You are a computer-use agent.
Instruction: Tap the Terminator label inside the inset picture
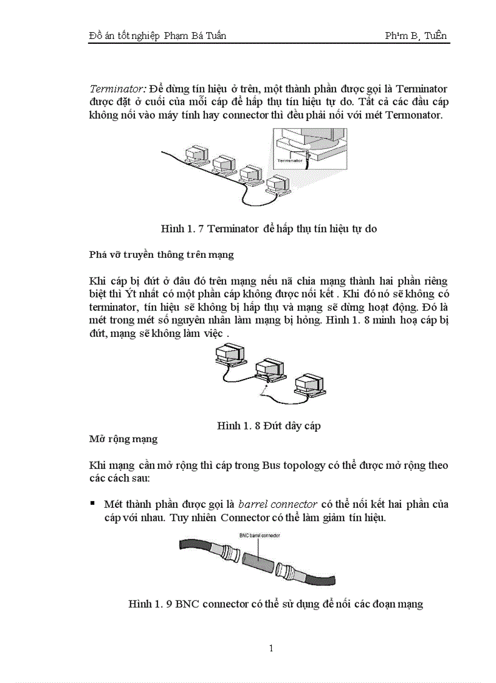click(x=290, y=161)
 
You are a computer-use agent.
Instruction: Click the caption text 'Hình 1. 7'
click(x=181, y=229)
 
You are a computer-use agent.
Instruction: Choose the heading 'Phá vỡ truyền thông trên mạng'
click(x=161, y=255)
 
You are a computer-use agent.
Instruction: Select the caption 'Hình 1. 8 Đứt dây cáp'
click(x=269, y=426)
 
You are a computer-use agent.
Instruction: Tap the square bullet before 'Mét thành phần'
click(x=93, y=504)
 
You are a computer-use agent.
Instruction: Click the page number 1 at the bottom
click(x=271, y=648)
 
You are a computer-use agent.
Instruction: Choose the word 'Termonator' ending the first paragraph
click(x=418, y=115)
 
